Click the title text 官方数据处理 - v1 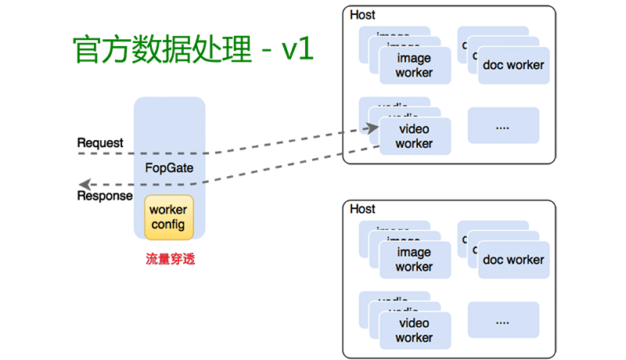pos(192,50)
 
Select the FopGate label pos(169,167)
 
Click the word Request pos(100,143)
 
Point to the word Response pos(104,196)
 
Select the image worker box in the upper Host pos(415,66)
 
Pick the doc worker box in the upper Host pos(513,65)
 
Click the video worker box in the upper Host pos(415,136)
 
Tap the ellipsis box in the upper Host pos(503,125)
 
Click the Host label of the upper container pos(362,15)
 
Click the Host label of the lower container pos(362,209)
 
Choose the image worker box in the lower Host pos(415,260)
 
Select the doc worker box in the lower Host pos(513,260)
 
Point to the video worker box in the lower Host pos(415,330)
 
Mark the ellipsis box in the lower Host pos(503,321)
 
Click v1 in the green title pos(297,50)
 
